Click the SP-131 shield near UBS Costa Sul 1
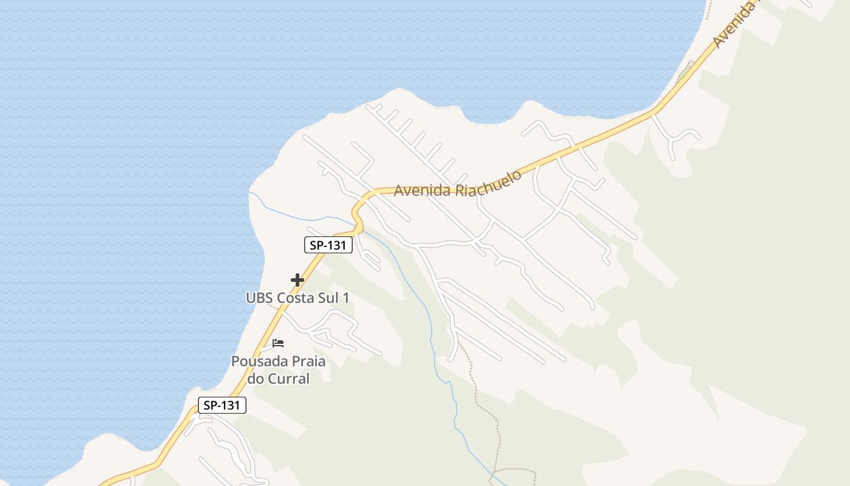[328, 245]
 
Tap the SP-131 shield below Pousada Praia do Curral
[222, 405]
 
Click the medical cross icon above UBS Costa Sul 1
[297, 280]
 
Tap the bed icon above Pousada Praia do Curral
[278, 343]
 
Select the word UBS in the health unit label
[260, 298]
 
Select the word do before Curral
[255, 378]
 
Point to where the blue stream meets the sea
[249, 193]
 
